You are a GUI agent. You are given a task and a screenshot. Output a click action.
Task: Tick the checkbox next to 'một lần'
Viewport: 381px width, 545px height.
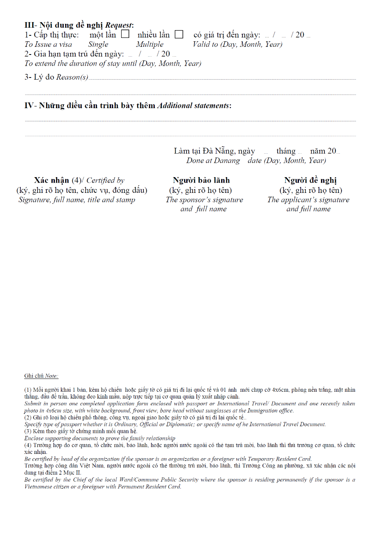[125, 34]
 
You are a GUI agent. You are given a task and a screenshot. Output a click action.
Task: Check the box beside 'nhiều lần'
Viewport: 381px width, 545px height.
[179, 34]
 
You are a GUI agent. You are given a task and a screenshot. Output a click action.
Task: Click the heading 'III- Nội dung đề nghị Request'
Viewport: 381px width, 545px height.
[79, 25]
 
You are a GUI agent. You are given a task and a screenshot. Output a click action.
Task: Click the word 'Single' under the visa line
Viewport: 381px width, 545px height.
[98, 44]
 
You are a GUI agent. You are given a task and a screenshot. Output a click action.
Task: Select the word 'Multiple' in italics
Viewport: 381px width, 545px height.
[150, 44]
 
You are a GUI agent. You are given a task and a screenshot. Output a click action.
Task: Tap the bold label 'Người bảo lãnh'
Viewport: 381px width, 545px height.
[201, 180]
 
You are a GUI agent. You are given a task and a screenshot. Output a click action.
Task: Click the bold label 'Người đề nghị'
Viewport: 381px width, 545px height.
[310, 180]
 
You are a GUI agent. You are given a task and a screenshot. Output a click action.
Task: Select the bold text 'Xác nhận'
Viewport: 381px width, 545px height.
[51, 180]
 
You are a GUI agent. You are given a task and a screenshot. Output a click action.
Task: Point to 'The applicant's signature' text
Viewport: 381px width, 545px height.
[308, 200]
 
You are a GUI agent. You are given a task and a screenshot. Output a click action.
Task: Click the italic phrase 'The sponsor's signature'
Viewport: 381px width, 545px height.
[205, 200]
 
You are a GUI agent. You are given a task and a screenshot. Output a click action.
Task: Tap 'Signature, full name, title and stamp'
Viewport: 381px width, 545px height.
[77, 200]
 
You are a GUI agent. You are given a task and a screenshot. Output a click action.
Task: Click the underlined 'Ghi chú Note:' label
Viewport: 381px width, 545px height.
[41, 376]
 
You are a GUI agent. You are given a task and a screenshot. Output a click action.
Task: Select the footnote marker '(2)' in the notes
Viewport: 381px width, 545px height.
[28, 417]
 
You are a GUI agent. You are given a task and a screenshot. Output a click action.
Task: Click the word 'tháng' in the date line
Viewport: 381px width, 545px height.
[286, 151]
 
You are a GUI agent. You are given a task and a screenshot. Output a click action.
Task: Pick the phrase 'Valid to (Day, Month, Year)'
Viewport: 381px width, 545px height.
[237, 44]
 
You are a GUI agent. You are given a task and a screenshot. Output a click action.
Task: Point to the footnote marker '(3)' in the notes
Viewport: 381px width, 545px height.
[28, 431]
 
